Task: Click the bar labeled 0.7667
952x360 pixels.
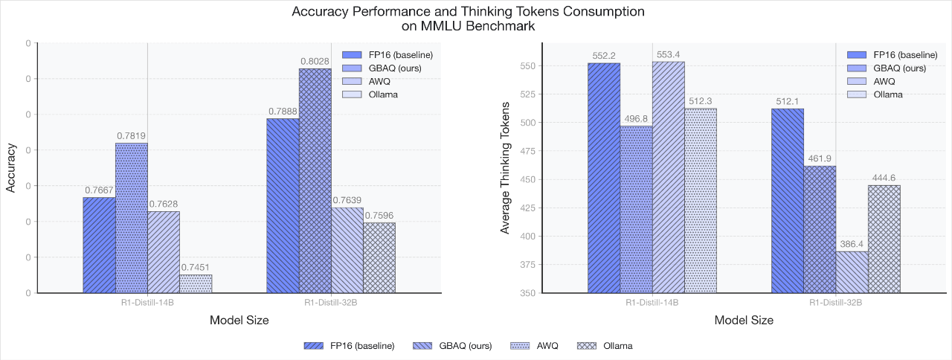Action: [x=99, y=245]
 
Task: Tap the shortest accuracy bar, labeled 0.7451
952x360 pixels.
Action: [x=196, y=283]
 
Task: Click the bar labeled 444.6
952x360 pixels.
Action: [x=884, y=239]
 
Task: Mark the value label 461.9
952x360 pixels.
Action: [x=819, y=159]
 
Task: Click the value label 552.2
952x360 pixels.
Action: [x=604, y=56]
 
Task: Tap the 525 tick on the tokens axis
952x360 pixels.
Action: [x=525, y=94]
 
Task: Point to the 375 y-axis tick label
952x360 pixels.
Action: [x=525, y=265]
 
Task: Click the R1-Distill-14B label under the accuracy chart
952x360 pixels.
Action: [x=147, y=303]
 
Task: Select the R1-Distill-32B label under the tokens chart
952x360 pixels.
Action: [x=835, y=303]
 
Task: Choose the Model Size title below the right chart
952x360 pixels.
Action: [x=744, y=321]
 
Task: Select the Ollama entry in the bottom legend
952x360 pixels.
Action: [x=618, y=346]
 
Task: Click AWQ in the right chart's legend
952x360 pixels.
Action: [x=884, y=81]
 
